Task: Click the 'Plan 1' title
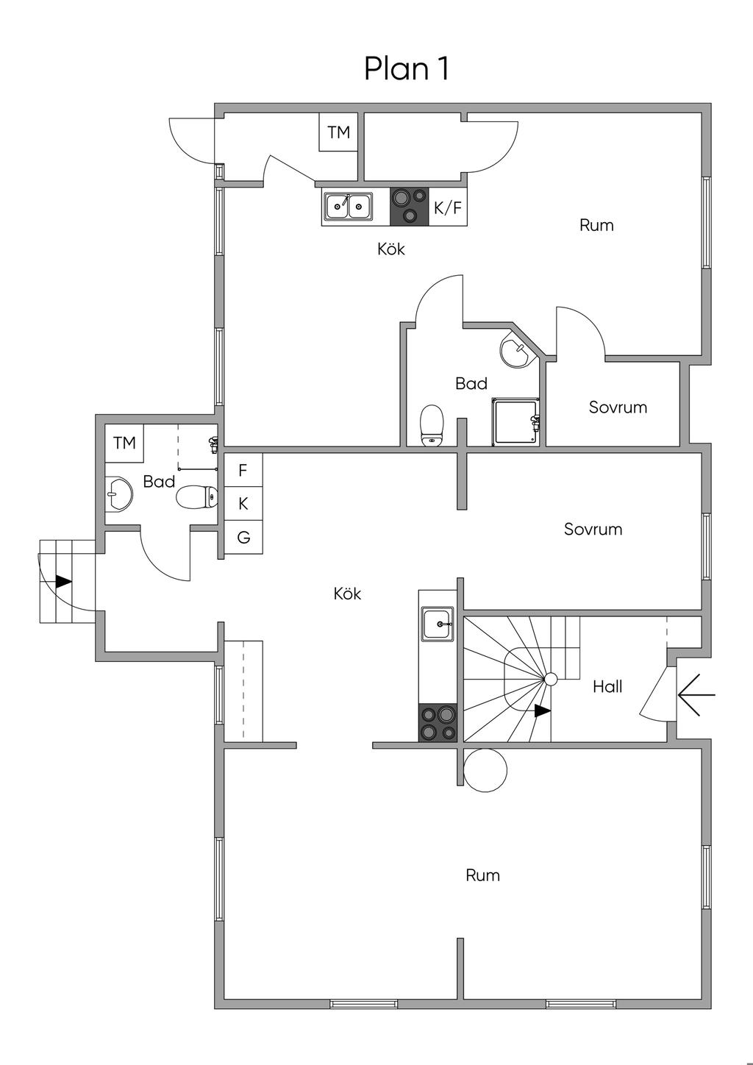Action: click(407, 69)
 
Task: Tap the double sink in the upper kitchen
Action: click(348, 207)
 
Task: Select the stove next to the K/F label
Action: click(410, 207)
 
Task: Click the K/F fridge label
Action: click(448, 207)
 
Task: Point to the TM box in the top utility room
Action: click(338, 132)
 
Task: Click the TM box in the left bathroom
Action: click(124, 443)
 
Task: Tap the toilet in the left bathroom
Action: click(197, 497)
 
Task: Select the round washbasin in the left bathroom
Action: click(118, 494)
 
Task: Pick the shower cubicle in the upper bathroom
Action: click(516, 422)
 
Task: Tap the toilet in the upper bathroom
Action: click(432, 425)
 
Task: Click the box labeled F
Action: click(243, 470)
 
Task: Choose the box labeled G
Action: click(243, 537)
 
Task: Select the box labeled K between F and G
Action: click(243, 504)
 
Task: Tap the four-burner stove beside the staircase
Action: click(438, 722)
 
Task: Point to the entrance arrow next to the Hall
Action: click(696, 694)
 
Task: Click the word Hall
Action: click(607, 686)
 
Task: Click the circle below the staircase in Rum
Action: click(485, 770)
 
